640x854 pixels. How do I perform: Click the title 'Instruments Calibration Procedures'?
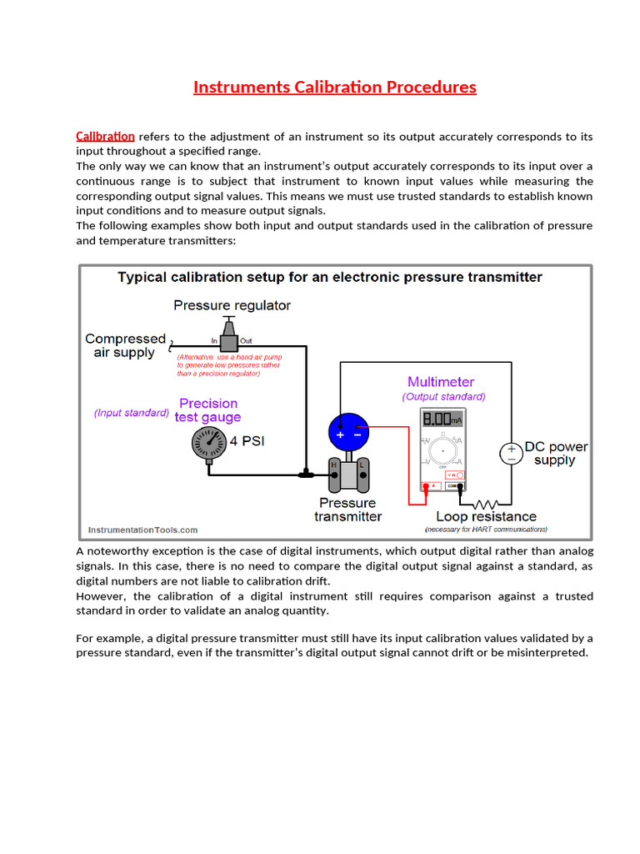(x=334, y=87)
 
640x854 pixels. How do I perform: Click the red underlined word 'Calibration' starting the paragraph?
(x=105, y=136)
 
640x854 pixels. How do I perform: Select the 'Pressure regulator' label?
(x=232, y=305)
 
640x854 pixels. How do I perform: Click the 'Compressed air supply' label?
(x=125, y=345)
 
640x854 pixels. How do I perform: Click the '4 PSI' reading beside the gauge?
(x=247, y=440)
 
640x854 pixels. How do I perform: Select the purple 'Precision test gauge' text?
(x=208, y=410)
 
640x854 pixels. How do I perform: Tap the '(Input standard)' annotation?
(x=132, y=413)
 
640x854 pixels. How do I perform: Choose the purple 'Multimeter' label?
(x=441, y=382)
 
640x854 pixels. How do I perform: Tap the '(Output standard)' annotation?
(x=443, y=397)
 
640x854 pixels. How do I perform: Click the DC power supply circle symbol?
(x=511, y=453)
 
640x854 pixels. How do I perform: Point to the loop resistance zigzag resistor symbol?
(x=485, y=504)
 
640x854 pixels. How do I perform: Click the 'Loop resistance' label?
(x=486, y=517)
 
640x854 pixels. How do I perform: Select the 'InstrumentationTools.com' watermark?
(x=143, y=530)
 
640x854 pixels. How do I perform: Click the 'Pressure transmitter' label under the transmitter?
(x=347, y=510)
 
